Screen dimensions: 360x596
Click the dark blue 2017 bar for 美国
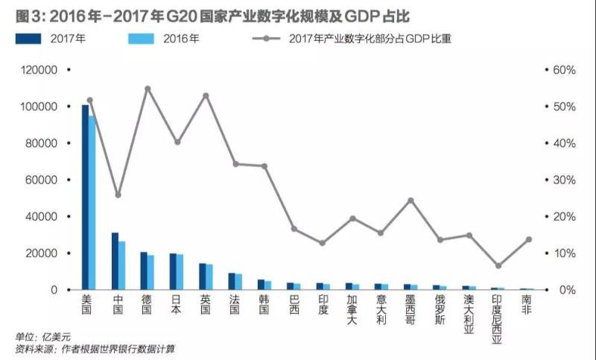(x=85, y=198)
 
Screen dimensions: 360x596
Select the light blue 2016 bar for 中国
(x=121, y=265)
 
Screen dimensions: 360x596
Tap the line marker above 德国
(x=148, y=89)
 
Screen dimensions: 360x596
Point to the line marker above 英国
(x=206, y=95)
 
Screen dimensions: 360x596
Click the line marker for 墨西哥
(x=410, y=200)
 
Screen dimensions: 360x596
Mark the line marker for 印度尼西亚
(x=498, y=266)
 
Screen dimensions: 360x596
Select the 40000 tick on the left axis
(x=39, y=216)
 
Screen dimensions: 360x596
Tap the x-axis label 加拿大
(x=352, y=314)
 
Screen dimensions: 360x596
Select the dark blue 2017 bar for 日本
(x=173, y=271)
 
